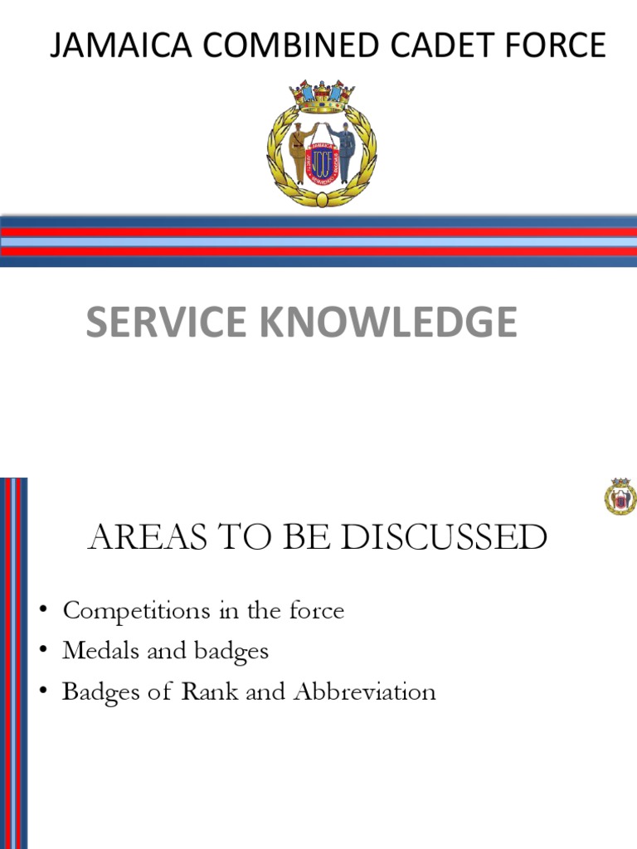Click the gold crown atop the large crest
322,96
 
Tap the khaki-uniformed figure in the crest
299,152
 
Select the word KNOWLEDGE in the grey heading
392,323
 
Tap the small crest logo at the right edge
620,497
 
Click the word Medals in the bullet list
92,651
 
